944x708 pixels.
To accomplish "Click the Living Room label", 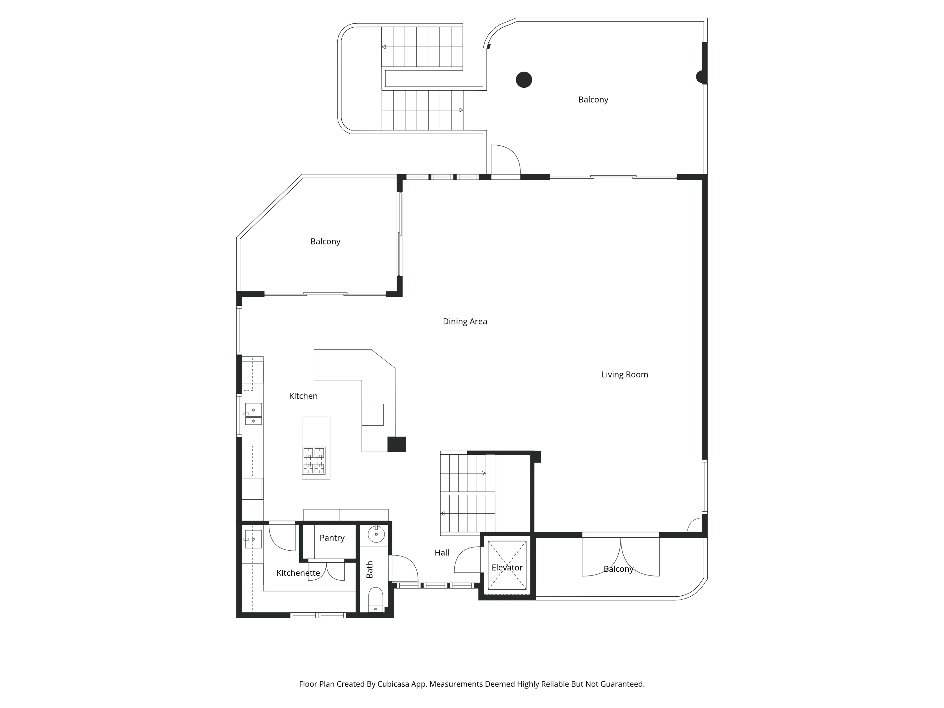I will [624, 375].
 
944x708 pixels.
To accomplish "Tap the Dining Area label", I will [465, 321].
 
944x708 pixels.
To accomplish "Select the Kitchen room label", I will [303, 396].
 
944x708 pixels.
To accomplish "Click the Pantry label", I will [332, 538].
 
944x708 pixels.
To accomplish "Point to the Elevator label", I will [507, 568].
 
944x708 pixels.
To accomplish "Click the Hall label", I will [442, 553].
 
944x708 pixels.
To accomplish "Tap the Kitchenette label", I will [298, 573].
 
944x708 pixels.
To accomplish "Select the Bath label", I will [370, 570].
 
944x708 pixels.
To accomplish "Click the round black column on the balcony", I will [524, 80].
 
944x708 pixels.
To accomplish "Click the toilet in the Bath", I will [375, 600].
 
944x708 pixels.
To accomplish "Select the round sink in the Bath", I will [376, 534].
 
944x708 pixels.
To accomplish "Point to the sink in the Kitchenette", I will [253, 539].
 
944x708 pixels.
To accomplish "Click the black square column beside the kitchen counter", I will [396, 444].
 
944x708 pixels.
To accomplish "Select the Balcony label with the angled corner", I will [325, 242].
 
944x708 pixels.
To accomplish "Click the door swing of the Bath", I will [404, 568].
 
